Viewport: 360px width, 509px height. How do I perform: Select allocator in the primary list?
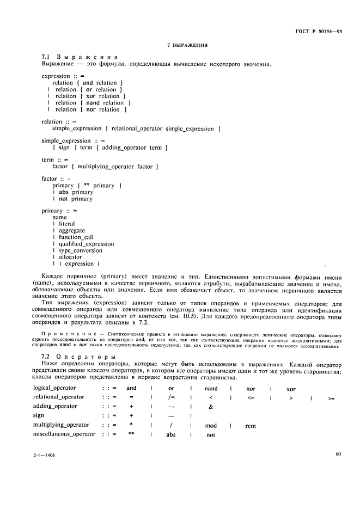pyautogui.click(x=67, y=257)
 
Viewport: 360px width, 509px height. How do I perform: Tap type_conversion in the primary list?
pyautogui.click(x=77, y=250)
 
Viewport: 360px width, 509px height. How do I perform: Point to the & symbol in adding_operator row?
pyautogui.click(x=210, y=407)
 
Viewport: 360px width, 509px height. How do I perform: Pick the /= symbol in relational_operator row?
pyautogui.click(x=170, y=397)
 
